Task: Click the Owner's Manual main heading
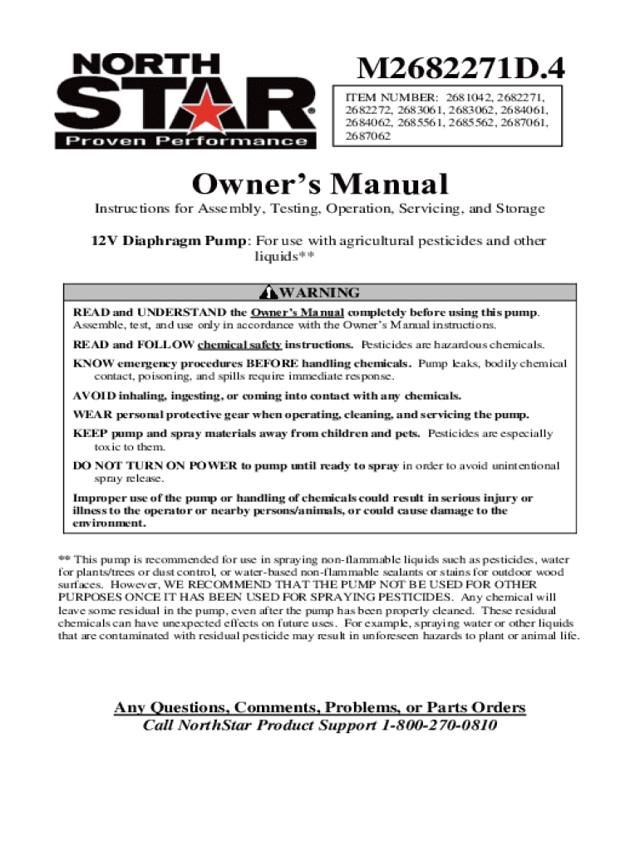click(320, 184)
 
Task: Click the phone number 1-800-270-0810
click(441, 725)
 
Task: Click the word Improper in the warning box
click(101, 499)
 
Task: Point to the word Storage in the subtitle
click(519, 209)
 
